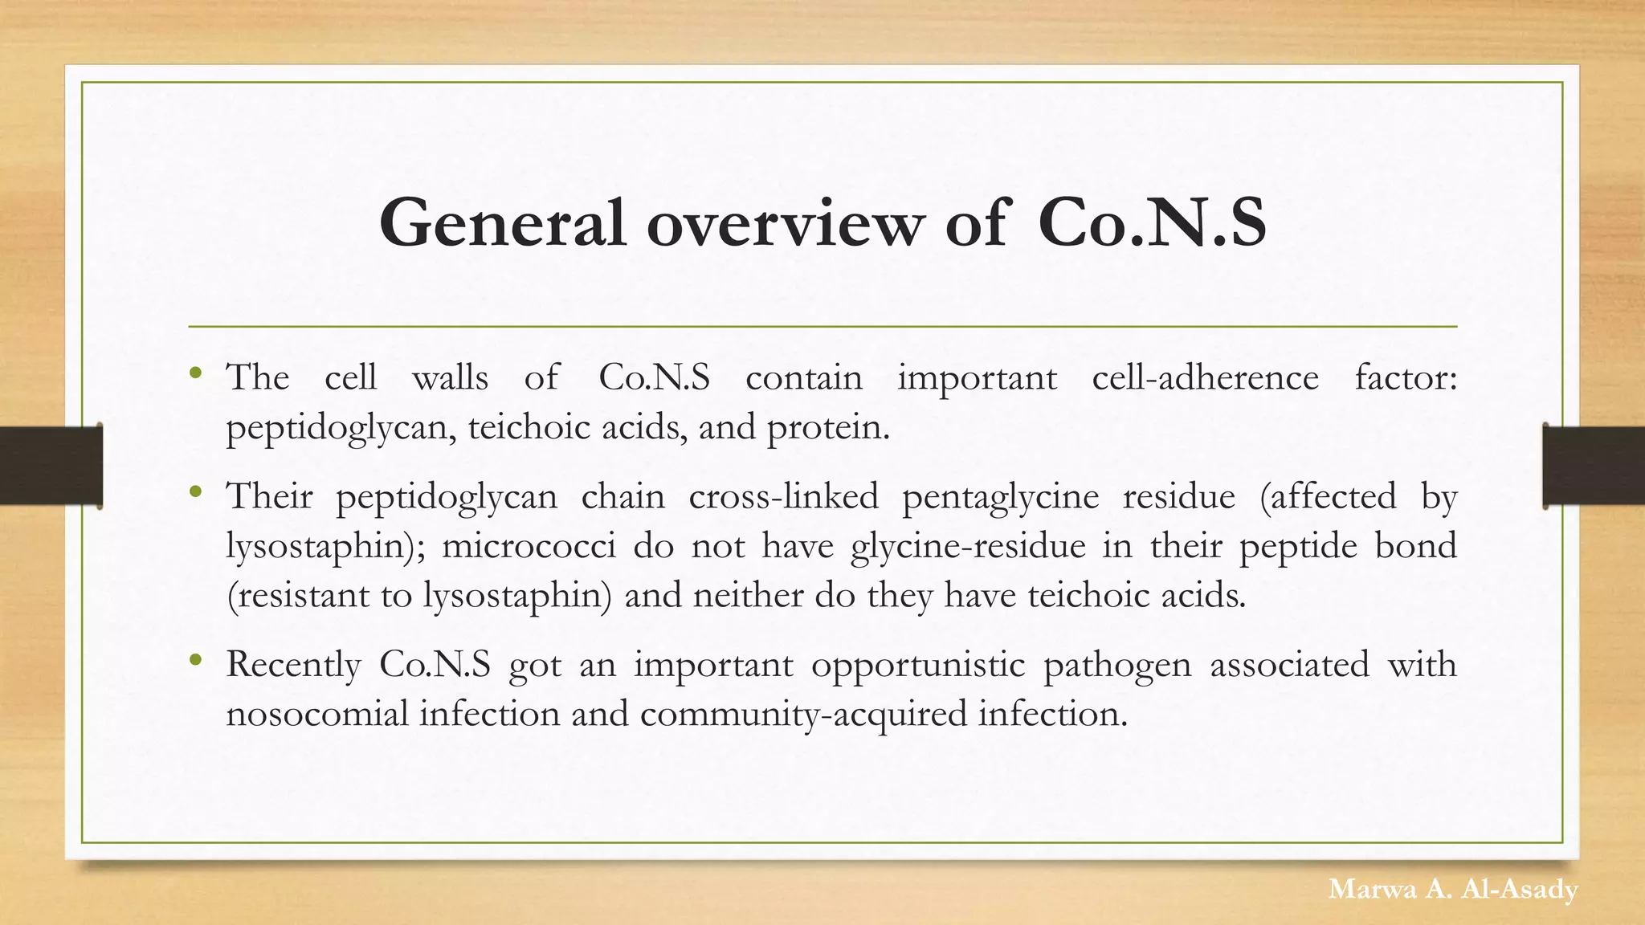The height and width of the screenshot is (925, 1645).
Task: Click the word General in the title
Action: (502, 223)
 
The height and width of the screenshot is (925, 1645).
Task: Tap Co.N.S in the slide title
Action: (1152, 223)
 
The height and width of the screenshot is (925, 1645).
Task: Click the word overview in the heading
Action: (785, 223)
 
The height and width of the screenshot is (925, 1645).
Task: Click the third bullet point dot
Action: (195, 660)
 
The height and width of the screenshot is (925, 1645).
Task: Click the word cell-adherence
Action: (1205, 377)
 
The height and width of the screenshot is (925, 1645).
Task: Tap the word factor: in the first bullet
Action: (1405, 377)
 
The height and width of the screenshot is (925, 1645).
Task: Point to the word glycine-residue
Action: (968, 546)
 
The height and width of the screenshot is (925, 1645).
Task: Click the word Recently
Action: (293, 665)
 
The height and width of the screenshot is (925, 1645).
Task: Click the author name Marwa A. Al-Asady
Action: (1452, 890)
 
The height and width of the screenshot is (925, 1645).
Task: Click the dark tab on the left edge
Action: (51, 466)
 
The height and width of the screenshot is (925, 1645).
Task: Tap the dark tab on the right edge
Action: (1594, 466)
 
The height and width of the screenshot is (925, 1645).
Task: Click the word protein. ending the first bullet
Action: (828, 427)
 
